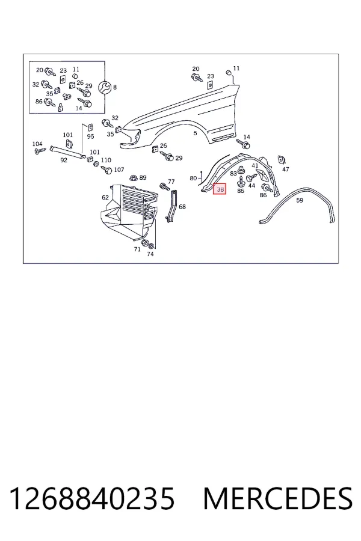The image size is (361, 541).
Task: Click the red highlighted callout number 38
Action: (220, 189)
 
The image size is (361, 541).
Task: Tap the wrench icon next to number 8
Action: (105, 87)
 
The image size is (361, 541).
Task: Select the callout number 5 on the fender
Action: (195, 133)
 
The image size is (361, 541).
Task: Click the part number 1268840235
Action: (91, 498)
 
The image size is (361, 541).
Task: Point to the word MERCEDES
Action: (278, 498)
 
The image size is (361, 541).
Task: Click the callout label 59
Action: (300, 200)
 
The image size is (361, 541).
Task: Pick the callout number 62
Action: (105, 197)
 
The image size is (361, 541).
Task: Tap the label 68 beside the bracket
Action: (182, 207)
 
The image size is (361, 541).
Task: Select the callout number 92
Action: (64, 160)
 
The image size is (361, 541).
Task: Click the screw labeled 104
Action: (40, 151)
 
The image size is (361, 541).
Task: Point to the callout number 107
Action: (119, 170)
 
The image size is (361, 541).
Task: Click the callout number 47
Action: (286, 169)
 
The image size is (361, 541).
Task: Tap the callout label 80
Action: (193, 179)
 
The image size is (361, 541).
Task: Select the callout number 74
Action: (150, 254)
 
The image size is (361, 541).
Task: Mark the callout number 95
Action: (90, 136)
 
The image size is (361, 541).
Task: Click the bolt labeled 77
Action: (165, 187)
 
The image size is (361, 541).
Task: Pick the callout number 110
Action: (106, 160)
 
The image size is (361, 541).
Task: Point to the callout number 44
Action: (251, 186)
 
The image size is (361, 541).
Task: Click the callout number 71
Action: (137, 249)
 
